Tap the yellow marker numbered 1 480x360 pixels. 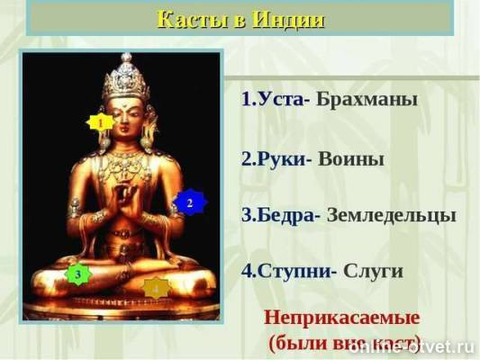click(x=101, y=121)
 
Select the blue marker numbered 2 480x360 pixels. click(x=190, y=203)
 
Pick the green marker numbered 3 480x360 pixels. click(x=78, y=274)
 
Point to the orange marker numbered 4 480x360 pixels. click(x=156, y=288)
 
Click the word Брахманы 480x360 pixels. click(x=367, y=99)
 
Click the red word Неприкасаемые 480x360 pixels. click(x=342, y=318)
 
